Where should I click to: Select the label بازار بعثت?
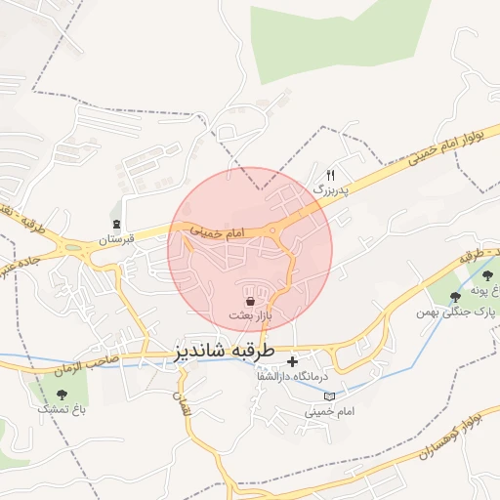(250, 315)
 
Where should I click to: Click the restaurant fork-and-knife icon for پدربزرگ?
(331, 174)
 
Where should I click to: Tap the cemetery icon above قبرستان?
(117, 224)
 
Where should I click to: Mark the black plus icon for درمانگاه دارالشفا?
(292, 362)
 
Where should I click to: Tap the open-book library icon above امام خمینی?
(328, 396)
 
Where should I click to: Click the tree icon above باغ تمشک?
(62, 396)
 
